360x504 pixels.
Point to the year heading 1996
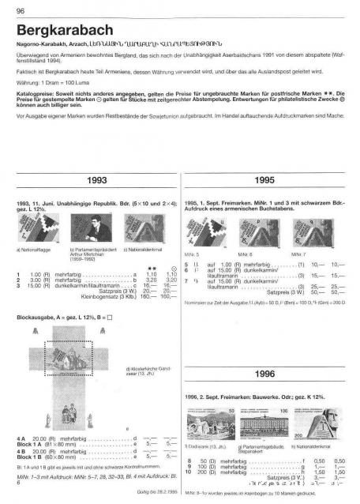click(266, 374)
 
